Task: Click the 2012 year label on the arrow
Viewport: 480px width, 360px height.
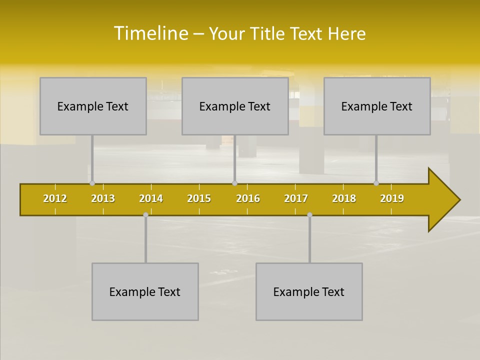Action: pos(55,198)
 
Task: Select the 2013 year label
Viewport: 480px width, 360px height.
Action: pos(103,198)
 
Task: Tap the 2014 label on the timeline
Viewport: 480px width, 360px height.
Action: pos(151,198)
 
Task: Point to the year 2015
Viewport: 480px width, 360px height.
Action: pos(199,198)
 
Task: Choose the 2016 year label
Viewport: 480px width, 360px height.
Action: pos(248,198)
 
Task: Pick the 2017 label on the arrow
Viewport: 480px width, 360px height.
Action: pos(296,198)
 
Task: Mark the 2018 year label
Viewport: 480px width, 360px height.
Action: pos(344,198)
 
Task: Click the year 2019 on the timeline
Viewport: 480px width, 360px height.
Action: pos(392,198)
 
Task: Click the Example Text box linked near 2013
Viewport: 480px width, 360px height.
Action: pos(93,106)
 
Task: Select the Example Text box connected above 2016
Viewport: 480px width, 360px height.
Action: pos(235,106)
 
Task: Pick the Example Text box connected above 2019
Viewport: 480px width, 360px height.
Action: pos(377,106)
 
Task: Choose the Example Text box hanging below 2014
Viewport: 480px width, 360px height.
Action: pos(145,291)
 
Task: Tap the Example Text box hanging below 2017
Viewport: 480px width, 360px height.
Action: pos(309,291)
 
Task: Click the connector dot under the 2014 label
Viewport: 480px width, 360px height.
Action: pos(145,214)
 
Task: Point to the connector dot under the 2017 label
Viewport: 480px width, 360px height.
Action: pos(309,214)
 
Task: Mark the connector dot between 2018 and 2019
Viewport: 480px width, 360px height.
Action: pos(376,183)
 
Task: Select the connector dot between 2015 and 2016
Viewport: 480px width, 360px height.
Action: pos(234,183)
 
